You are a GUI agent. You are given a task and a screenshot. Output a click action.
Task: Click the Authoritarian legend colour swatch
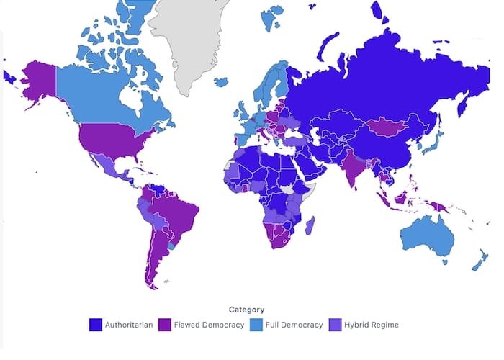point(94,325)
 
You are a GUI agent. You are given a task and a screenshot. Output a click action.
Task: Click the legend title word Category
point(247,310)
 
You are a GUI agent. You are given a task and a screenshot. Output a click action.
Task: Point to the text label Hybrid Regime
point(372,325)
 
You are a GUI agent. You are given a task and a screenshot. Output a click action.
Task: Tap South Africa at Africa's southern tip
point(276,241)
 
